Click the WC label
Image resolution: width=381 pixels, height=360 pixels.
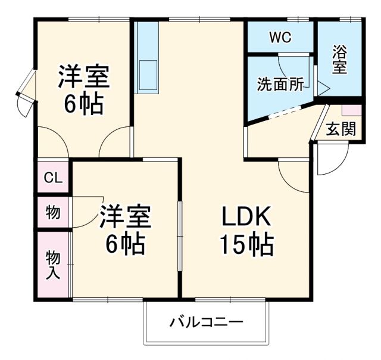280,38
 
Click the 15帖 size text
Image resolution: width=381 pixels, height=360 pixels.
246,244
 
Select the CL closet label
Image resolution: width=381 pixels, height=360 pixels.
53,178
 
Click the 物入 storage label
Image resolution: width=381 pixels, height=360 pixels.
53,263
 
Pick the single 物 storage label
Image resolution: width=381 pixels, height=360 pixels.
53,212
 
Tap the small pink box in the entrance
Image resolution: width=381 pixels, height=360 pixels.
351,110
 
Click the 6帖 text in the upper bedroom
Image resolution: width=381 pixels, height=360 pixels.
83,104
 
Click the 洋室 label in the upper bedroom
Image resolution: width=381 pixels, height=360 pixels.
83,77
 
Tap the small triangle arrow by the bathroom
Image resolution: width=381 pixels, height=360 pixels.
322,89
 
